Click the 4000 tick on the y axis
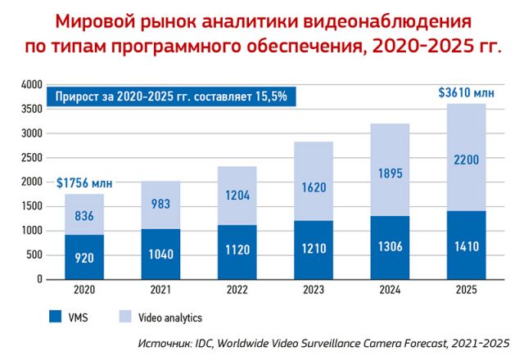[30, 85]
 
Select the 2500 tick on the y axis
[30, 158]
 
